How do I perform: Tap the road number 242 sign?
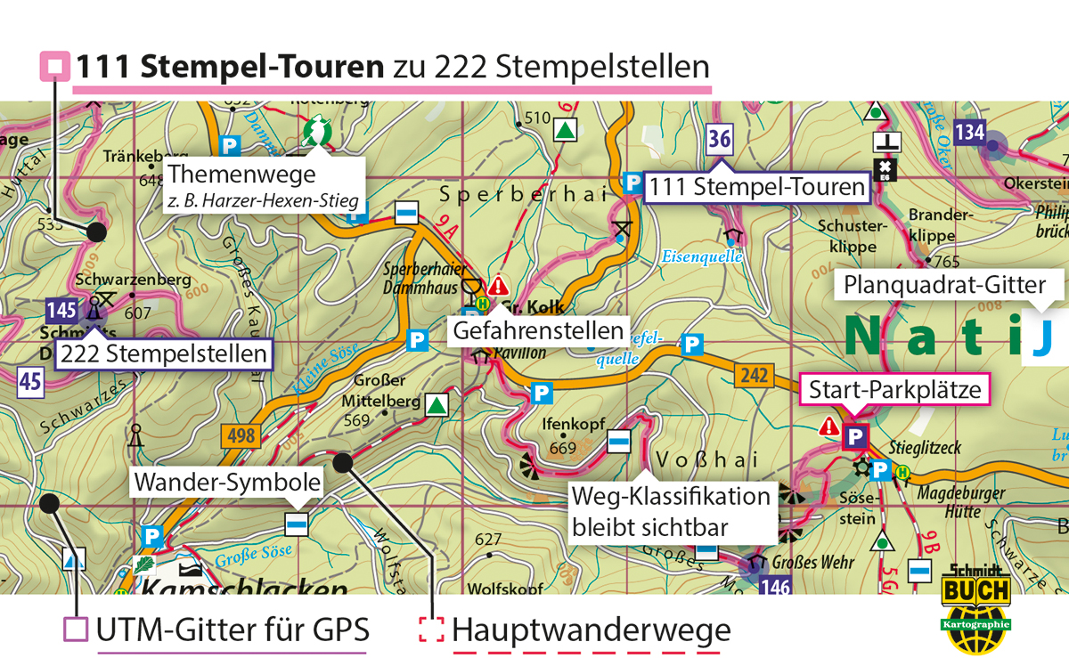[753, 376]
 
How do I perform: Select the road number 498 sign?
[241, 436]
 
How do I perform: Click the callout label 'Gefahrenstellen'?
[538, 331]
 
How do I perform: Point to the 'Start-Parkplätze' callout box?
[894, 390]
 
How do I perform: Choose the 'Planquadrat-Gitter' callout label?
[949, 286]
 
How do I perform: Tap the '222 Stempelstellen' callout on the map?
[163, 353]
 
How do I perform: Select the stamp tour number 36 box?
[720, 139]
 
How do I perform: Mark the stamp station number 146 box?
[777, 586]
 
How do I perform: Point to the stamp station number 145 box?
[61, 311]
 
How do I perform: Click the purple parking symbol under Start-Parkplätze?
[854, 436]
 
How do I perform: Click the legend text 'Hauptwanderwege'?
[591, 630]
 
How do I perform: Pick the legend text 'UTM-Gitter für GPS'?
[232, 630]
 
